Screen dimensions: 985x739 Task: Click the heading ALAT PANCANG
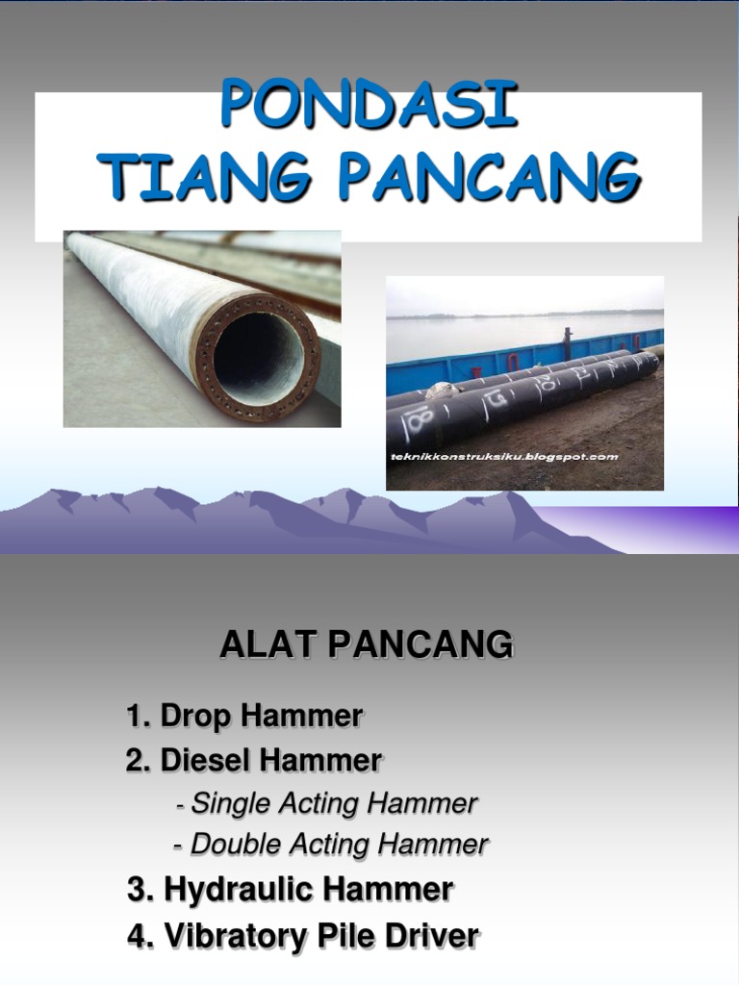pyautogui.click(x=366, y=645)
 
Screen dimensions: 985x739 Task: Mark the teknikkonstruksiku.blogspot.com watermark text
pyautogui.click(x=504, y=457)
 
